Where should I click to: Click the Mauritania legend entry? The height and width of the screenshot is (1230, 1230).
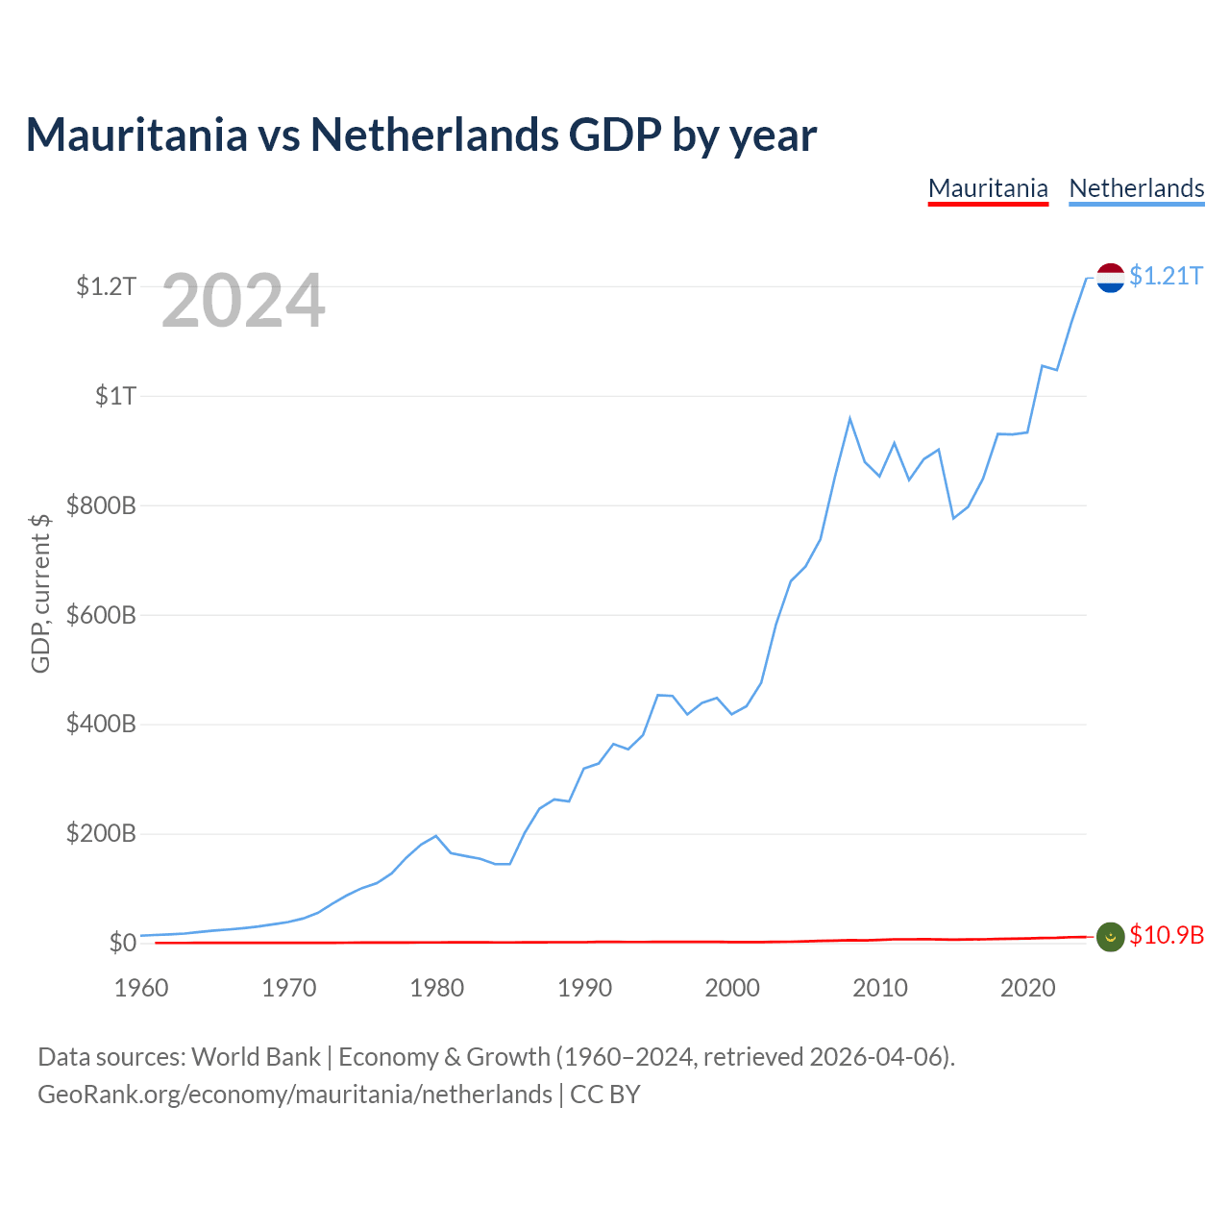988,189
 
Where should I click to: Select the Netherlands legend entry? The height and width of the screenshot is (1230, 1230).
1136,189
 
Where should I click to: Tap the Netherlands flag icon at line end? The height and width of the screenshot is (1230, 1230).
1110,278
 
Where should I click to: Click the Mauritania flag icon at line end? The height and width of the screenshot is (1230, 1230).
1110,937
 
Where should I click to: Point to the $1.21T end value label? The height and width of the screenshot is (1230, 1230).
1167,276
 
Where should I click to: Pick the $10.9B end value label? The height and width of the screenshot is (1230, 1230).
1167,935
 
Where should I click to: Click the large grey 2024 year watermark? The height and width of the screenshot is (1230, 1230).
243,300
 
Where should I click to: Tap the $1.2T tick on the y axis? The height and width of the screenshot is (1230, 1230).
106,286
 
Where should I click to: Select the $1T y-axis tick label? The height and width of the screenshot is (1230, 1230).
115,396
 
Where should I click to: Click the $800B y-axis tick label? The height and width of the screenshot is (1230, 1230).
101,505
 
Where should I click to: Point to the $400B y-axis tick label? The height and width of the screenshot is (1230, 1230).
101,724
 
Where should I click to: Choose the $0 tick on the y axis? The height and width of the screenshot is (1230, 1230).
123,942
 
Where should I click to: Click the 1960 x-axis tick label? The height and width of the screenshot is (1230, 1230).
141,988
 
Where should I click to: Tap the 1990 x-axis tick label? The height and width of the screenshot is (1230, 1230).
584,988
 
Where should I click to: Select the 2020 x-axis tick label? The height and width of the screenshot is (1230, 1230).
1027,988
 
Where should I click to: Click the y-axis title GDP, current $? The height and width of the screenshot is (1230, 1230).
40,594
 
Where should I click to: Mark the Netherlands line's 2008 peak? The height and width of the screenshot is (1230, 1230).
849,418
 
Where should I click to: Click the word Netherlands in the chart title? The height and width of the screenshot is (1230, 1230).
434,135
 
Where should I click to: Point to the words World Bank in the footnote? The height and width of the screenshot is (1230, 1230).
256,1057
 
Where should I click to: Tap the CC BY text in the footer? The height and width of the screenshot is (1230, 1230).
604,1095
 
